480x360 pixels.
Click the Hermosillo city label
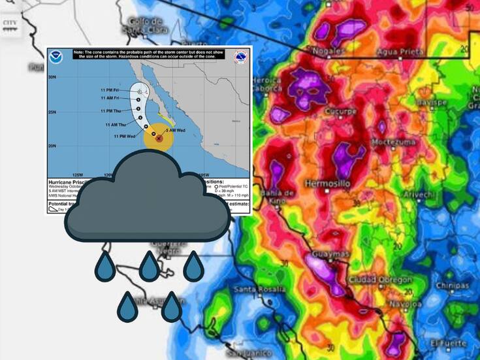[x=328, y=184]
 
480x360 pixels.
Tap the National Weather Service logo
[x=240, y=57]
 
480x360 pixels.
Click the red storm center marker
[x=159, y=139]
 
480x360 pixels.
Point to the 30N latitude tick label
[x=53, y=76]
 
